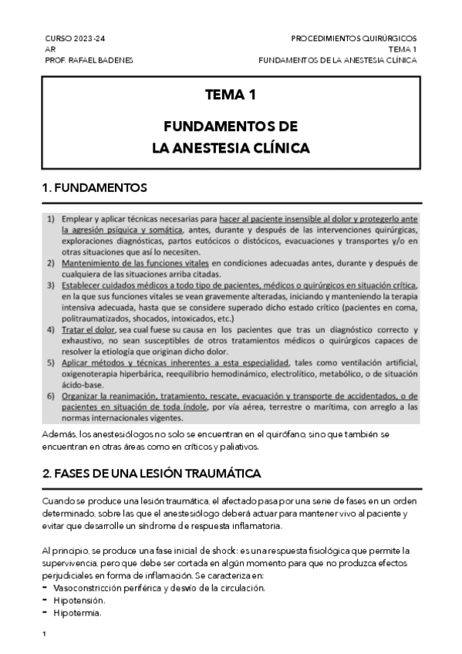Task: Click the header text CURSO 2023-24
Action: point(75,38)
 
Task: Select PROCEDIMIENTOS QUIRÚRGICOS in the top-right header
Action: point(354,38)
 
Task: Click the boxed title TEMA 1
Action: point(231,96)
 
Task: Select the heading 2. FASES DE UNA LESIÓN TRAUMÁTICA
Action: point(151,473)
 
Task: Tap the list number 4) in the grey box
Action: point(50,330)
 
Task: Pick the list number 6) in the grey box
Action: point(50,396)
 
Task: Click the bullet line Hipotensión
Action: point(79,600)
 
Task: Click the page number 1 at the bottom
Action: point(45,634)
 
